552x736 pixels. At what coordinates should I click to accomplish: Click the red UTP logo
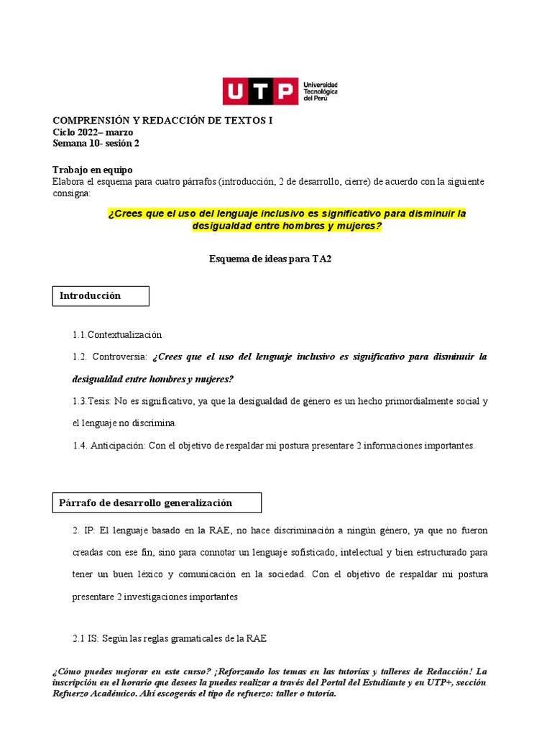click(x=260, y=91)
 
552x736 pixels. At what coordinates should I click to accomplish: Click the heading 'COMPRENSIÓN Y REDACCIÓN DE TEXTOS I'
click(x=163, y=121)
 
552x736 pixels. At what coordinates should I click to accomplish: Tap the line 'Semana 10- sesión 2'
click(x=96, y=143)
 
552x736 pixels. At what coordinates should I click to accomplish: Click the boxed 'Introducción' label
click(x=91, y=295)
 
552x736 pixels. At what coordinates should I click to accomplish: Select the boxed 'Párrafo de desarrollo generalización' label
click(x=146, y=502)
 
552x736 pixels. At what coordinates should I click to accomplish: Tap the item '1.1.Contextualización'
click(x=117, y=334)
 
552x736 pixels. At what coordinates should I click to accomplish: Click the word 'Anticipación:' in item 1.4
click(x=118, y=446)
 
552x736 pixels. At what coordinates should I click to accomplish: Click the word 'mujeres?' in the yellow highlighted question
click(x=359, y=226)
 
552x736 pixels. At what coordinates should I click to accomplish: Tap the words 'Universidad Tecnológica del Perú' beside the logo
click(x=321, y=91)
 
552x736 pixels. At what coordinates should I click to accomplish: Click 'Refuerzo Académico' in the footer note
click(x=99, y=694)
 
